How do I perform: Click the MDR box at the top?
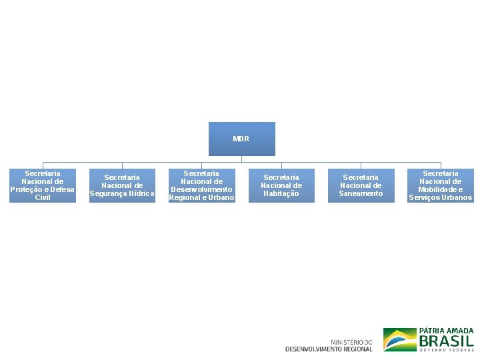(x=241, y=139)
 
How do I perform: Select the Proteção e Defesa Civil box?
(x=43, y=185)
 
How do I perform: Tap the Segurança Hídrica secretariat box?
(x=122, y=185)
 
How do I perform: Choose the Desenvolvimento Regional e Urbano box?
(x=201, y=185)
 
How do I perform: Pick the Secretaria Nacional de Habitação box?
(x=281, y=185)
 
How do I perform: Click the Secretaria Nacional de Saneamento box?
(x=361, y=185)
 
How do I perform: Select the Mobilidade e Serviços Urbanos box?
(x=440, y=185)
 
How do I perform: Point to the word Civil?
(x=43, y=197)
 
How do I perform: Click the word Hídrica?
(x=139, y=193)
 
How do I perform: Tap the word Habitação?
(x=281, y=193)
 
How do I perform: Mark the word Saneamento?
(x=361, y=193)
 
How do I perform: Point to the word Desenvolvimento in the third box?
(x=201, y=189)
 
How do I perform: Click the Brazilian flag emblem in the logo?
(x=399, y=339)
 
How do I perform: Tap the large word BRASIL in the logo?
(x=447, y=340)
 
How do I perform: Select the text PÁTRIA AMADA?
(x=447, y=331)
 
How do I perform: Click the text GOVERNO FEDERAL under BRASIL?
(x=447, y=349)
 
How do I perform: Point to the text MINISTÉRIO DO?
(x=351, y=342)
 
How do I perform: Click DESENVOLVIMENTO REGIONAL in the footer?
(x=329, y=349)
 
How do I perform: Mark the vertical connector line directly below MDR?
(x=241, y=159)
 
